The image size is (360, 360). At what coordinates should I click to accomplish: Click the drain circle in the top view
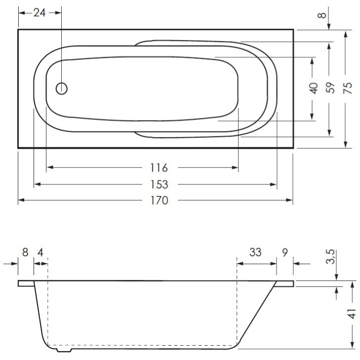tap(62, 88)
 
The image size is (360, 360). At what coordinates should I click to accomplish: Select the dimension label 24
tap(40, 13)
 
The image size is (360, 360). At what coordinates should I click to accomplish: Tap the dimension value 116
tap(159, 167)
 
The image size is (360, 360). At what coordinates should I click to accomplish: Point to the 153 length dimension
tap(159, 184)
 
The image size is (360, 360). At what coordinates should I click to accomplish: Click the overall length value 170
tap(160, 200)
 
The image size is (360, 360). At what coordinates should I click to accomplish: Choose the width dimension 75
tap(348, 88)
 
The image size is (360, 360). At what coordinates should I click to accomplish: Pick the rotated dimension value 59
tap(330, 87)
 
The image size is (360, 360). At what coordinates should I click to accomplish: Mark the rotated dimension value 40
tap(314, 88)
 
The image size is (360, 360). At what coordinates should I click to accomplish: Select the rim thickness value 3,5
tap(330, 257)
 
